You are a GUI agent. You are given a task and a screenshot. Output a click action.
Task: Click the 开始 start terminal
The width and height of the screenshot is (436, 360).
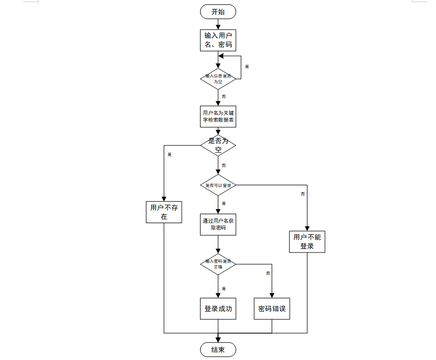click(x=218, y=12)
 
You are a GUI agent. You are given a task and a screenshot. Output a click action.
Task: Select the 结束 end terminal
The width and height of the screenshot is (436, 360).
click(x=218, y=350)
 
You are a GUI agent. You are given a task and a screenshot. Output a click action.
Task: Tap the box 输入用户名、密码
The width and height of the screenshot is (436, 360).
click(x=218, y=40)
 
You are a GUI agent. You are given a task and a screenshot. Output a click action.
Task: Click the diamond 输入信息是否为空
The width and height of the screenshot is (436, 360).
click(x=218, y=79)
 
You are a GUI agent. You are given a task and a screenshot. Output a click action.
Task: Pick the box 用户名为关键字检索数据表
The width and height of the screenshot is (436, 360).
click(x=218, y=117)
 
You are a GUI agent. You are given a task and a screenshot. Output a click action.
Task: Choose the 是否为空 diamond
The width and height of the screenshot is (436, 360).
click(x=218, y=145)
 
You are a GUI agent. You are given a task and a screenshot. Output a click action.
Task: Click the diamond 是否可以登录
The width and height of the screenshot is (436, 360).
click(x=218, y=185)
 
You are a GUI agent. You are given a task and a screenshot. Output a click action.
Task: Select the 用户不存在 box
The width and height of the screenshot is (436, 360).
click(x=164, y=212)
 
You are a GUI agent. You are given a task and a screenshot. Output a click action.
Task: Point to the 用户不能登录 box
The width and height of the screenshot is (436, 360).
click(x=307, y=242)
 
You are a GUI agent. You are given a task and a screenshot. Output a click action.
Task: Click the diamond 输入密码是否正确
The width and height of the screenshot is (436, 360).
click(x=218, y=264)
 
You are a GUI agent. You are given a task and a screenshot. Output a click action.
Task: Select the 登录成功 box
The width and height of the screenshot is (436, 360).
click(x=218, y=309)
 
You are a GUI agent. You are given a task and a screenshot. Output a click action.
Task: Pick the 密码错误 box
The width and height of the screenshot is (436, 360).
click(x=272, y=309)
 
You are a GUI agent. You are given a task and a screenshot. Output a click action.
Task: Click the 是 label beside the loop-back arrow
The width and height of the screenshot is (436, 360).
click(x=247, y=66)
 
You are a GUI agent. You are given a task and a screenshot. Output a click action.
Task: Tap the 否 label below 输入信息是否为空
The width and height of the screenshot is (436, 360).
click(x=224, y=96)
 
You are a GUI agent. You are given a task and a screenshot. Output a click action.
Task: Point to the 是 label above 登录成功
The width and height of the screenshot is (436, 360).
click(x=224, y=288)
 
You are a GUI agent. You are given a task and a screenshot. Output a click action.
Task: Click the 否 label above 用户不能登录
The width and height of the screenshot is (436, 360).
click(x=303, y=194)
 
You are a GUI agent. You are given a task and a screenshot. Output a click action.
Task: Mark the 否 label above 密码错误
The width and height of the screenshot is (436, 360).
click(x=268, y=273)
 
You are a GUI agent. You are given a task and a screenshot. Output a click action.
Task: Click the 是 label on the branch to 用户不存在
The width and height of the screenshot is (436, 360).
click(x=170, y=154)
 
